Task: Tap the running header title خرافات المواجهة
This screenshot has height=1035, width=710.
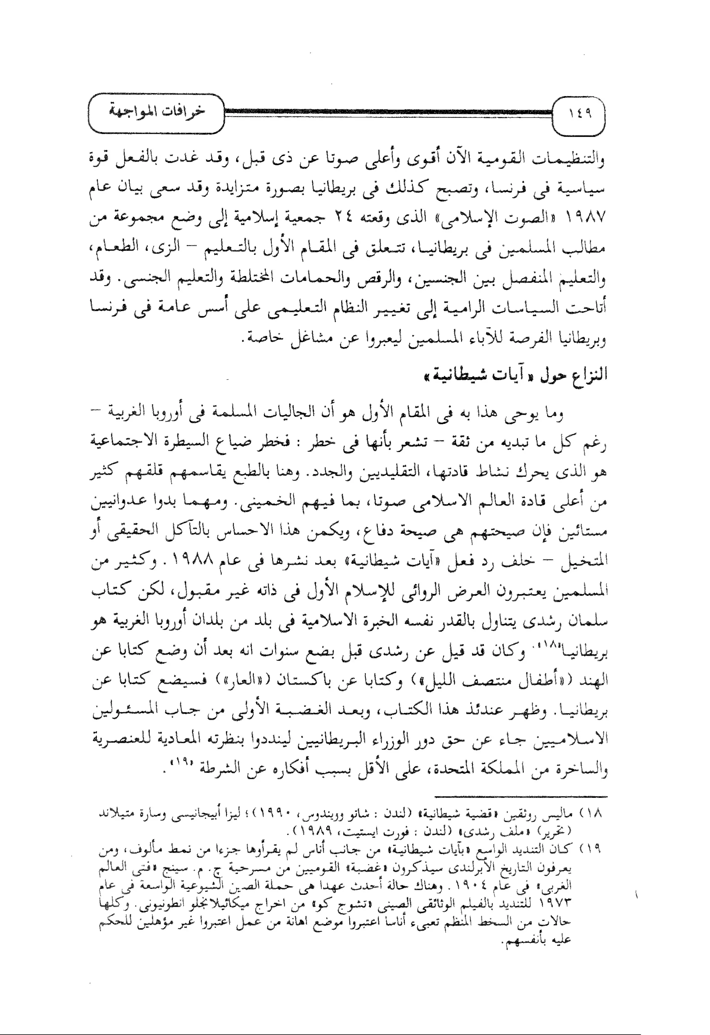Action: (x=157, y=112)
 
